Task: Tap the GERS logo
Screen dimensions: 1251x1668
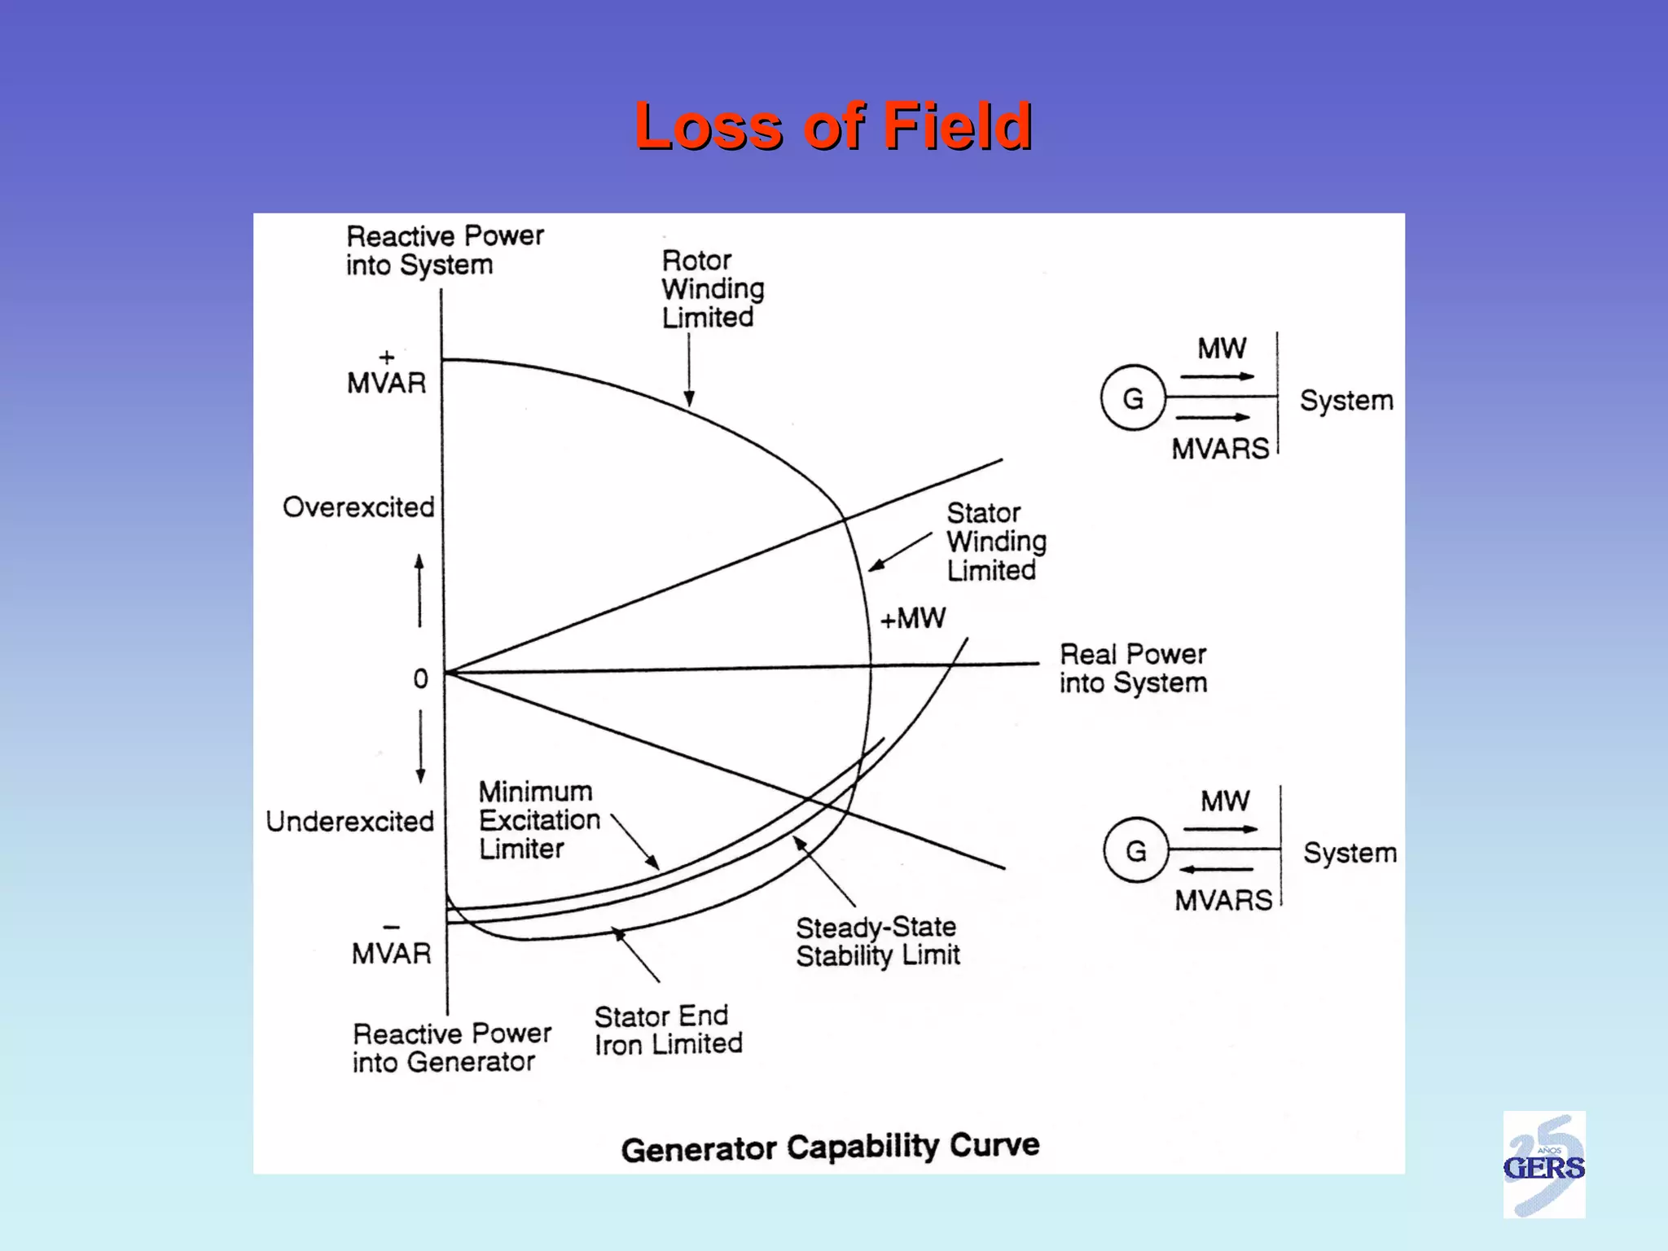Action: [x=1543, y=1165]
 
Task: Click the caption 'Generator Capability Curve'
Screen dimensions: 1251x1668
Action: [x=830, y=1147]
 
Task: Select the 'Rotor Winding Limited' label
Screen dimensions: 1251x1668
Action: [x=713, y=289]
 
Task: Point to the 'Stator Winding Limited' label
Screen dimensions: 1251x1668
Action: [x=996, y=542]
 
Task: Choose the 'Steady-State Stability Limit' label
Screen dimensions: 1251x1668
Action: [x=878, y=941]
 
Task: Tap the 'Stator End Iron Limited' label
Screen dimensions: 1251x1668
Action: [x=668, y=1030]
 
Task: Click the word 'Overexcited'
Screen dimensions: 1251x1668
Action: [x=358, y=507]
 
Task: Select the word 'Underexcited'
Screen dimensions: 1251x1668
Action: [x=350, y=821]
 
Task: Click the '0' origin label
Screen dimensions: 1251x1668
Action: [x=420, y=678]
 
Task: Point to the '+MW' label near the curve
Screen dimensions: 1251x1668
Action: [x=913, y=618]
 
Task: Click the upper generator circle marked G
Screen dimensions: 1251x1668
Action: [x=1133, y=398]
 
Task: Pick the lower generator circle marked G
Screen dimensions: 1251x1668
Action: [x=1136, y=850]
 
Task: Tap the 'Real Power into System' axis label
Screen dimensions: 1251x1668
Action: [x=1133, y=669]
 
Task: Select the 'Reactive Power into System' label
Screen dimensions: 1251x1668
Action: [x=445, y=250]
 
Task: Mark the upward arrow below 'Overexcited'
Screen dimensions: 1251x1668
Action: [x=419, y=590]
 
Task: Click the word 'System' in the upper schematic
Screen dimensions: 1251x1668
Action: [x=1346, y=401]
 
